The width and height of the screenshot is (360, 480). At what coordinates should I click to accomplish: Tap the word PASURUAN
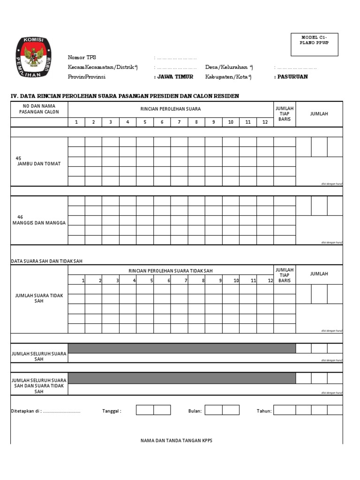(x=292, y=77)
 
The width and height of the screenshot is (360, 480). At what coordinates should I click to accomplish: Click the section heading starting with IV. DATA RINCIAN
(x=125, y=96)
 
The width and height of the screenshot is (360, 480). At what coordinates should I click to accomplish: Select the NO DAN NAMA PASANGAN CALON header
(x=39, y=109)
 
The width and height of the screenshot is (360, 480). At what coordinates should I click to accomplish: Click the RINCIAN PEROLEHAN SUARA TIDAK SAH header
(x=171, y=271)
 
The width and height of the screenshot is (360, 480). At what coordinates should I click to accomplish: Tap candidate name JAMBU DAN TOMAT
(x=39, y=164)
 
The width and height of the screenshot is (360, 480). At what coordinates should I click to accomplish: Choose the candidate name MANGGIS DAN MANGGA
(x=39, y=223)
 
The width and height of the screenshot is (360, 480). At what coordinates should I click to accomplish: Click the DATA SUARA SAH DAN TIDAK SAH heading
(x=46, y=261)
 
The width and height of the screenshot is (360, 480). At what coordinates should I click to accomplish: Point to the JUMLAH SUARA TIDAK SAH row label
(x=39, y=298)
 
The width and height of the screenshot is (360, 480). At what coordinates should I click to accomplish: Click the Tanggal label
(x=112, y=411)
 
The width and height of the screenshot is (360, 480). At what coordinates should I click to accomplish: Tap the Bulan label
(x=195, y=411)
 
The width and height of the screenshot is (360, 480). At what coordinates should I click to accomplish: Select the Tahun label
(x=264, y=411)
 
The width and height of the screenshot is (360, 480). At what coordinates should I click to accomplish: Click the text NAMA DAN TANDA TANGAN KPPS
(x=176, y=441)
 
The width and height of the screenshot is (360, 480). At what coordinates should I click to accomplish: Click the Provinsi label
(x=86, y=77)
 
